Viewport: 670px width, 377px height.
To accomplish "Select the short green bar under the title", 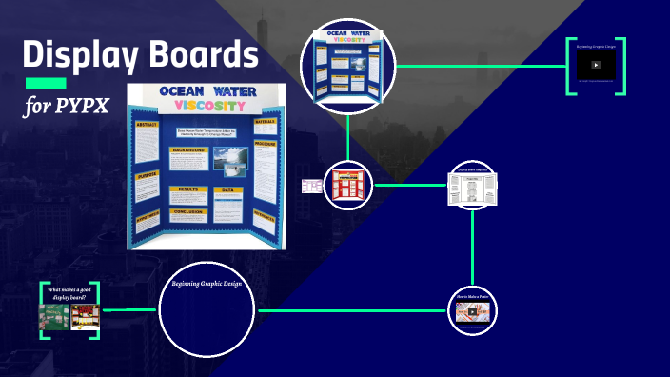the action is pos(45,84).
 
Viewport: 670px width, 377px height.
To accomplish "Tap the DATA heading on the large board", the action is pos(229,190).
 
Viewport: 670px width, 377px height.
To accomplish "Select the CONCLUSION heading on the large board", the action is pos(191,213).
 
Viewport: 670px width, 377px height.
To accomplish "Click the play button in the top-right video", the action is pos(596,65).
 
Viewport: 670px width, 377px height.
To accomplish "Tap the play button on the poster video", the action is pos(473,315).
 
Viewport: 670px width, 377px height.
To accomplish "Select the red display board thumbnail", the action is pos(346,185).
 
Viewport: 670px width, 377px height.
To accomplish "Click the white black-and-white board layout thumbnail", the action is pos(473,188).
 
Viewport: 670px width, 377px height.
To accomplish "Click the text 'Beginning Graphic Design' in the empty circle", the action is pos(207,284).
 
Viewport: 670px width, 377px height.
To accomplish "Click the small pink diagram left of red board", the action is pos(311,186).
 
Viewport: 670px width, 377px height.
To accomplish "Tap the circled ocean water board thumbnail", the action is pos(347,64).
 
